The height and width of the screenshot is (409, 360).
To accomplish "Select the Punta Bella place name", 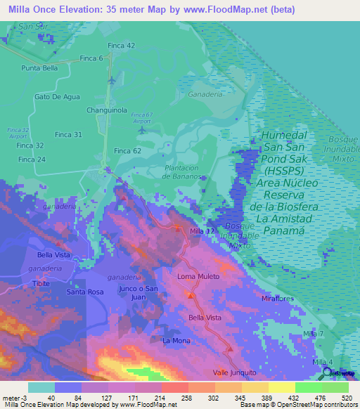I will click(x=40, y=68).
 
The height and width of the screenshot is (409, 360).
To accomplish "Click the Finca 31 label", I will click(x=68, y=134).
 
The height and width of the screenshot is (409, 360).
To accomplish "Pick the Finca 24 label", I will click(x=32, y=160).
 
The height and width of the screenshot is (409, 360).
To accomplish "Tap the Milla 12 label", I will click(x=202, y=231).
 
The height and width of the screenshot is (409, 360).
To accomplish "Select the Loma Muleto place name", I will click(x=198, y=276).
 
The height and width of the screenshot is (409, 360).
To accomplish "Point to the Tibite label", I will click(x=41, y=283).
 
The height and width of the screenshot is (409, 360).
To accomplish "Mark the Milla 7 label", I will click(x=313, y=332).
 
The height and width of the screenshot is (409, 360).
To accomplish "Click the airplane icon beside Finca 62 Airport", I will click(x=143, y=129).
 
